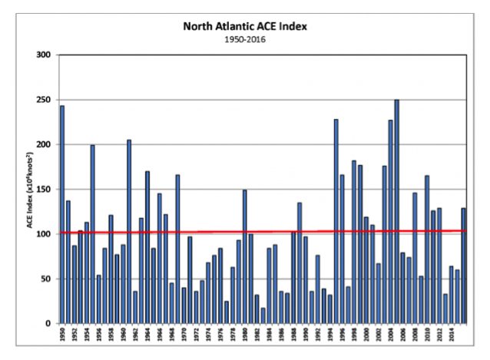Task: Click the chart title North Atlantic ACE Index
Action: [244, 26]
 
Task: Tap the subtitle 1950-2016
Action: [244, 38]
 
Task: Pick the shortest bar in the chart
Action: [263, 315]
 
